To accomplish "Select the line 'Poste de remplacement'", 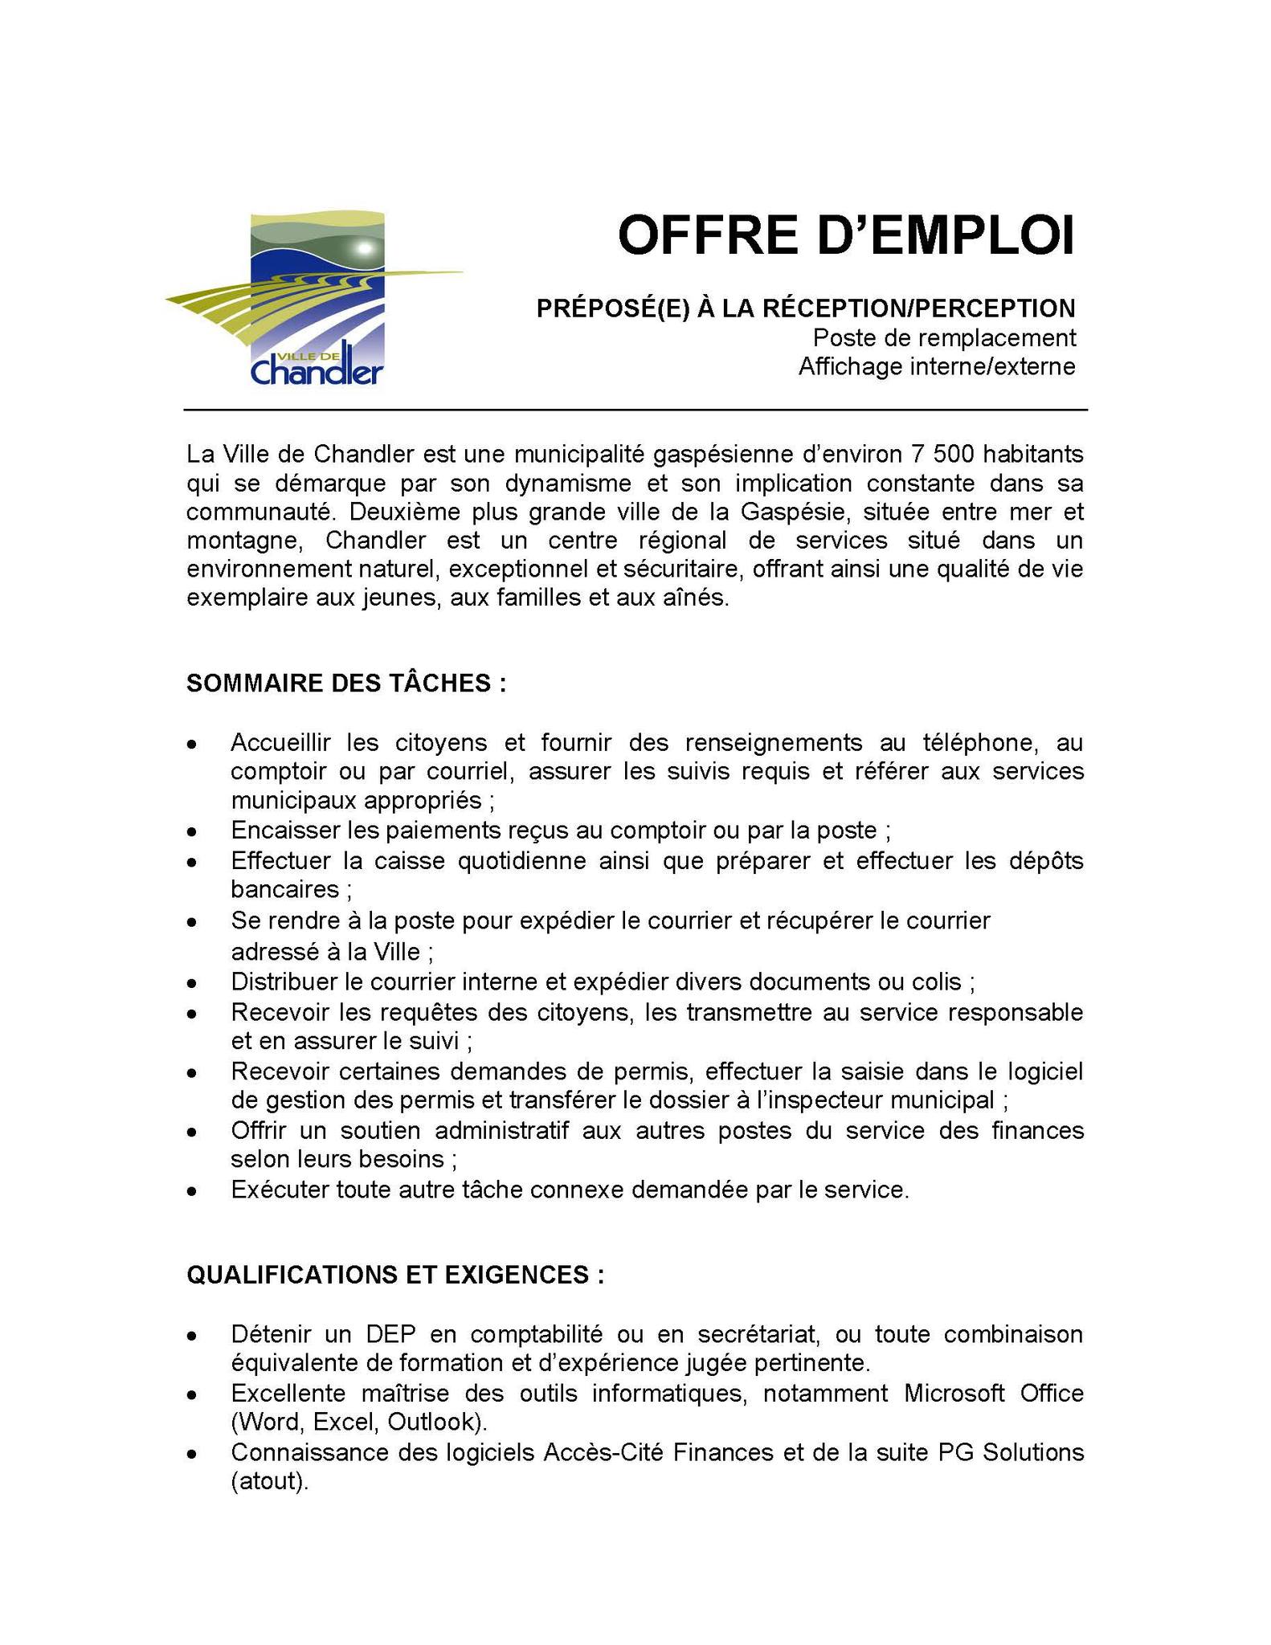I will tap(944, 337).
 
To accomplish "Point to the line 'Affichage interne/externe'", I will tap(937, 366).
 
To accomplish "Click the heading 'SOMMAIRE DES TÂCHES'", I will tap(346, 683).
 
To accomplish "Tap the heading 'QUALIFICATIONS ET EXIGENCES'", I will tap(394, 1275).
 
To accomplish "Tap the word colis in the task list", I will tap(943, 982).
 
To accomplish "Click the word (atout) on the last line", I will tap(269, 1481).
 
